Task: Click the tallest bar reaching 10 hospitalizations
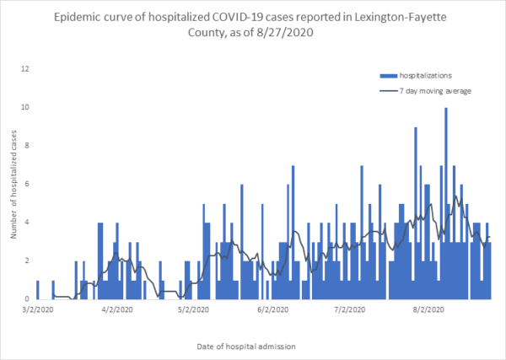coord(446,202)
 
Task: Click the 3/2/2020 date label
coord(35,310)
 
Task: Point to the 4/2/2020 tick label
coord(117,310)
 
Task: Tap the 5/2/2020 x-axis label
coord(194,310)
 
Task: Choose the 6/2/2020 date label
coord(272,310)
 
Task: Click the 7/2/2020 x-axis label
coord(349,310)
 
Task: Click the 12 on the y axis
coord(26,69)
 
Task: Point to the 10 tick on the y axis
coord(26,107)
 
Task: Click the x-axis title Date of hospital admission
coord(252,345)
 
